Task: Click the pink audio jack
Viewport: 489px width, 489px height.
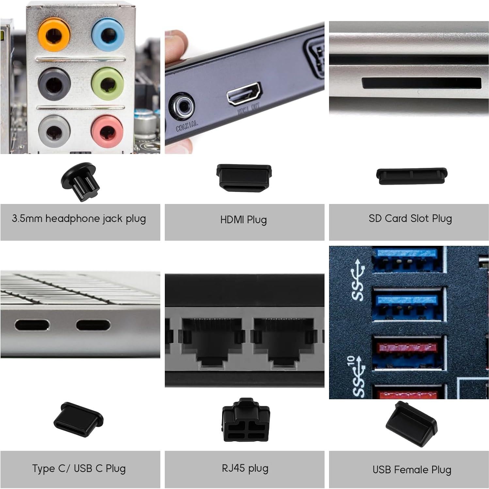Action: coord(107,130)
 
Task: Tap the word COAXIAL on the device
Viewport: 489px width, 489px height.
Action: coord(187,126)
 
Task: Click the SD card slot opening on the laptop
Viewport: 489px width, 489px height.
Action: coord(421,83)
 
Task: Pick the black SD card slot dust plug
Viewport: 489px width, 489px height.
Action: coord(412,176)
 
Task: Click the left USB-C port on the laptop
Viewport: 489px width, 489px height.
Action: coord(32,325)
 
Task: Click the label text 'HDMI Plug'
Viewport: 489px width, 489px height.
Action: coord(244,220)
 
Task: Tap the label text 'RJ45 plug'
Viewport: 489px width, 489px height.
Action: coord(245,468)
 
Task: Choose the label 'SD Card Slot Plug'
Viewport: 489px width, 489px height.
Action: coord(410,218)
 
